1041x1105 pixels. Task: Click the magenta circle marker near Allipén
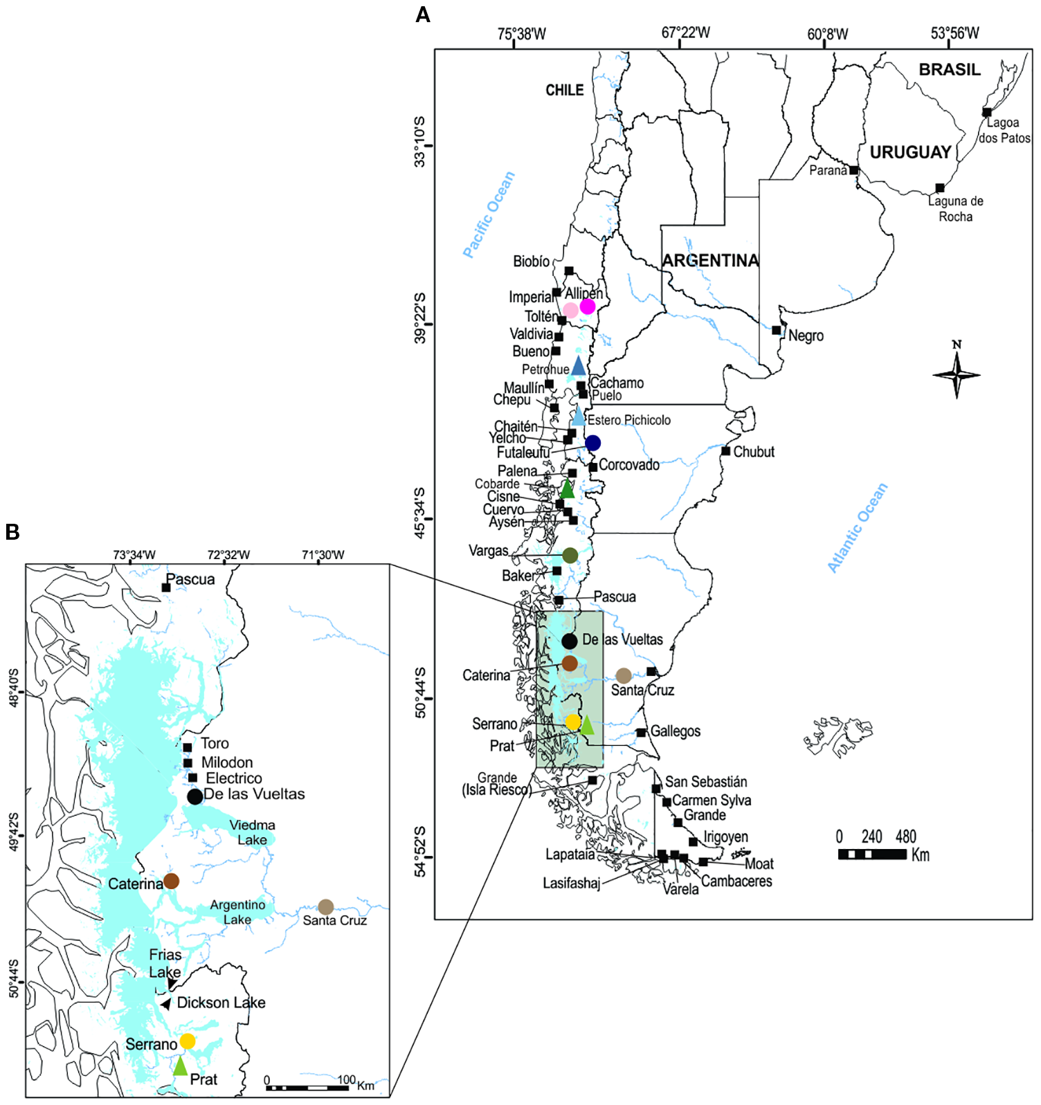[x=587, y=306]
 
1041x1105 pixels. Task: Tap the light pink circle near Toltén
[x=570, y=310]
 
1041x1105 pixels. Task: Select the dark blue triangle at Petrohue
[x=578, y=367]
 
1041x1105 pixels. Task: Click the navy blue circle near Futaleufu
[x=592, y=443]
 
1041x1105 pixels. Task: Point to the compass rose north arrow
[x=957, y=374]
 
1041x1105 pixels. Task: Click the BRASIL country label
[x=949, y=70]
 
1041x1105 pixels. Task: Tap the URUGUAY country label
[x=909, y=152]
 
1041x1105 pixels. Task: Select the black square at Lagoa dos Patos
[x=986, y=112]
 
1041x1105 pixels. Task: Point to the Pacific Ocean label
[x=489, y=215]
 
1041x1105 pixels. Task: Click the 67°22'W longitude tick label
[x=685, y=33]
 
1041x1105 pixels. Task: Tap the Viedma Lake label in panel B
[x=252, y=832]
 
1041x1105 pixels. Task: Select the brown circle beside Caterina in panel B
[x=171, y=881]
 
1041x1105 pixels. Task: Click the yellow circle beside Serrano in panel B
[x=188, y=1041]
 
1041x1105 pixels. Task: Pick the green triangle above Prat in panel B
[x=180, y=1066]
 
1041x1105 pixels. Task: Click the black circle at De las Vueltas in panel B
[x=195, y=796]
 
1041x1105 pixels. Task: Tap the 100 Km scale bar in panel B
[x=307, y=1088]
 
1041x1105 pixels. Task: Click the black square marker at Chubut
[x=725, y=451]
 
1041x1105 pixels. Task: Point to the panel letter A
[x=422, y=15]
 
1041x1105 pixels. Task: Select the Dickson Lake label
[x=221, y=1003]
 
